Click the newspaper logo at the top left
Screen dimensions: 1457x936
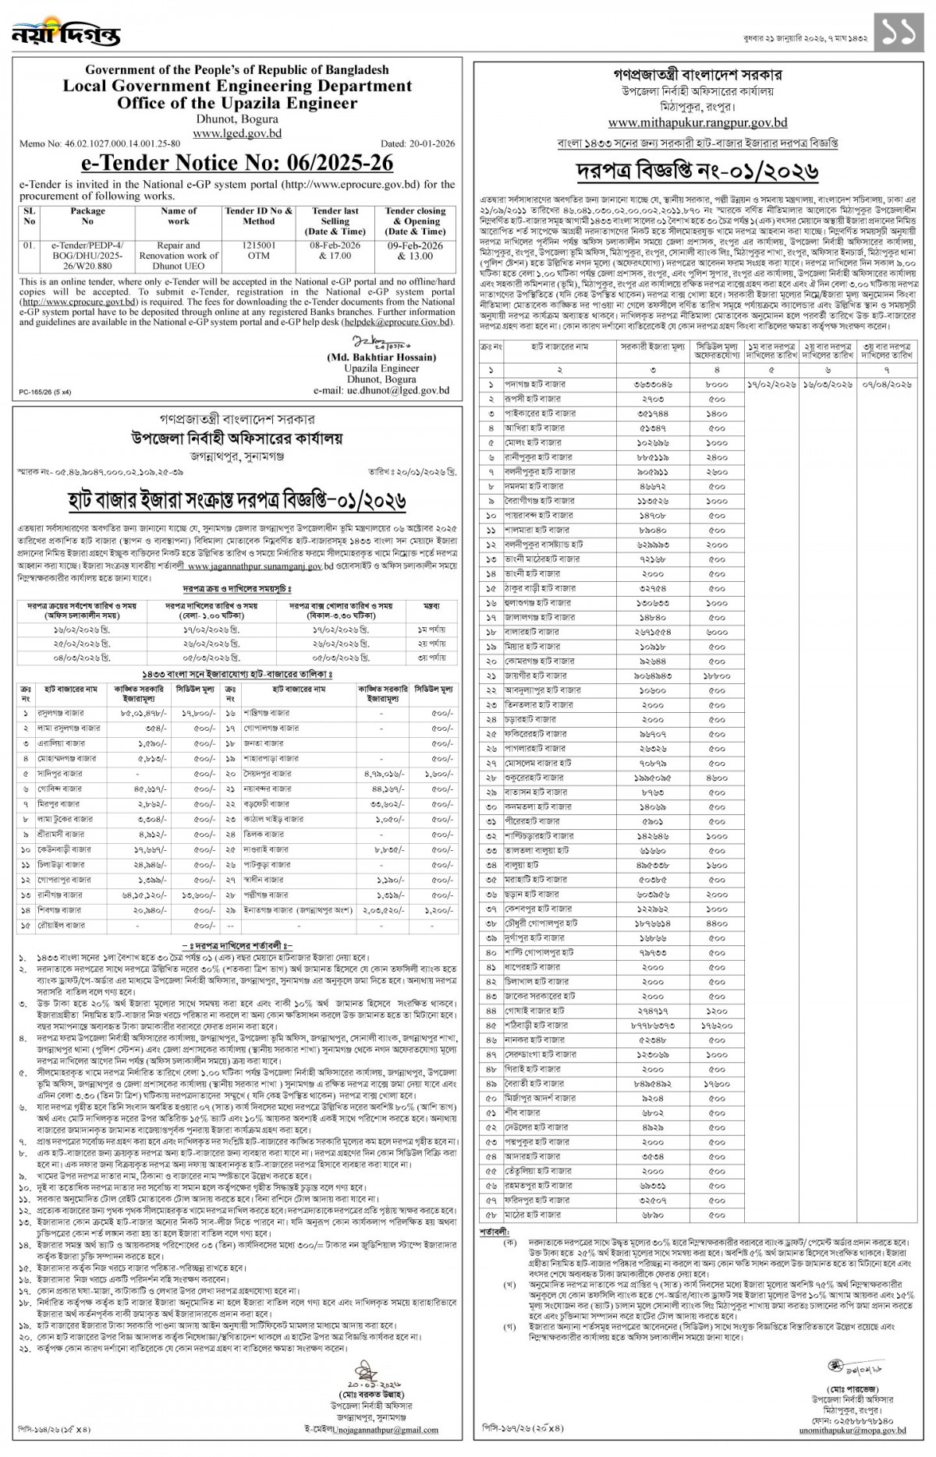tap(67, 34)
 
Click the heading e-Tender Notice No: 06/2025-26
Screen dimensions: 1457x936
tap(237, 163)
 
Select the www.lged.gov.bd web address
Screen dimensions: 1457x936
tap(237, 133)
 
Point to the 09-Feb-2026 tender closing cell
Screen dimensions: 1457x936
tap(415, 250)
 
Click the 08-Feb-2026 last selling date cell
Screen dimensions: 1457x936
tap(336, 250)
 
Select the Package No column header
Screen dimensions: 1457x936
tap(88, 216)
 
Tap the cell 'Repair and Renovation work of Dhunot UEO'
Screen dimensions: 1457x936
tap(179, 255)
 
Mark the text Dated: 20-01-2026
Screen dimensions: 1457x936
tap(418, 144)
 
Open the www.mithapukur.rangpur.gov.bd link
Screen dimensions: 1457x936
tap(697, 122)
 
